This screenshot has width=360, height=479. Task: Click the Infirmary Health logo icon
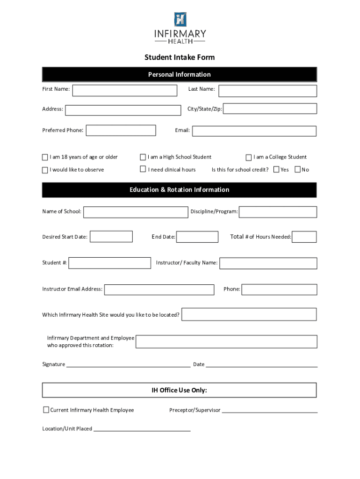click(x=180, y=19)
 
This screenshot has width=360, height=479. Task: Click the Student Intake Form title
click(x=180, y=58)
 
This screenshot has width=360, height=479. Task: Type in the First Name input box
click(x=124, y=90)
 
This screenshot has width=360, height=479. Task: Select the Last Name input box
click(x=267, y=91)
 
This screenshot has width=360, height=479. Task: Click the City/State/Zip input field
click(x=270, y=109)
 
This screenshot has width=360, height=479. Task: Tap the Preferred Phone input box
click(x=121, y=130)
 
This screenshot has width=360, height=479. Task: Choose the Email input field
click(x=254, y=131)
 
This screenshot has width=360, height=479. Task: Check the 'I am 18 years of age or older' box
click(x=45, y=157)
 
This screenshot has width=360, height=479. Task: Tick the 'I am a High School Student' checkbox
click(x=143, y=157)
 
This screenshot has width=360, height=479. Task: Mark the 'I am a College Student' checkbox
click(x=249, y=157)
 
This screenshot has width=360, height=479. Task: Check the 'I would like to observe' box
click(x=45, y=170)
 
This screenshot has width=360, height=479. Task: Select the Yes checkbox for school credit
click(x=276, y=169)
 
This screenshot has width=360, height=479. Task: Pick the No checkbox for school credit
click(x=297, y=169)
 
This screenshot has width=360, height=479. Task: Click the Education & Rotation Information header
click(x=180, y=190)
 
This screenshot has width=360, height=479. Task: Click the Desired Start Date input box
click(x=111, y=237)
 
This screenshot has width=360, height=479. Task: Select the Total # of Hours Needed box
click(x=304, y=237)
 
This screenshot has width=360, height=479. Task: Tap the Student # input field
click(x=109, y=263)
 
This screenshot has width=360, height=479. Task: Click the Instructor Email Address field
click(x=159, y=290)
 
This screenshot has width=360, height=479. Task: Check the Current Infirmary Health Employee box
click(x=46, y=410)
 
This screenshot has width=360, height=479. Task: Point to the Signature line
click(x=128, y=365)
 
